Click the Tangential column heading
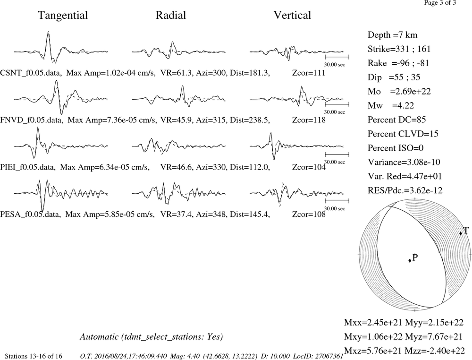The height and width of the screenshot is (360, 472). click(x=63, y=16)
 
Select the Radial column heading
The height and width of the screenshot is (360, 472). click(x=171, y=15)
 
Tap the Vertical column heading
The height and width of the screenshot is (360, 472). click(x=292, y=15)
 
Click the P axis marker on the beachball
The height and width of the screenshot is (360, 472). click(x=410, y=261)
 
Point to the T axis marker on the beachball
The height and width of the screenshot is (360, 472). click(x=461, y=233)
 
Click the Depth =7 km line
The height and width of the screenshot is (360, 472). click(x=393, y=35)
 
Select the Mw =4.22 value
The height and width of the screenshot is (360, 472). click(x=391, y=105)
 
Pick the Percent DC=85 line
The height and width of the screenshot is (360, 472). click(x=397, y=120)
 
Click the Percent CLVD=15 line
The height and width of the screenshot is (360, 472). click(x=403, y=134)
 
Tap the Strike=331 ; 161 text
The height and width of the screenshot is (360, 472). click(x=399, y=49)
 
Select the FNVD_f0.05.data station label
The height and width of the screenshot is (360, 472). click(x=32, y=120)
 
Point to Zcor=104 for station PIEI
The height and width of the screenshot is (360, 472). click(x=309, y=167)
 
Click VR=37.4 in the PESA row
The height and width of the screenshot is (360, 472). click(x=176, y=214)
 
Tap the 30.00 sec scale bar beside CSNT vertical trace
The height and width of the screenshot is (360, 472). click(x=337, y=56)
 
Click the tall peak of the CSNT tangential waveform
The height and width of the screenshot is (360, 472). click(x=49, y=32)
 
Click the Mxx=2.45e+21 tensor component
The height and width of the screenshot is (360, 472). click(x=373, y=322)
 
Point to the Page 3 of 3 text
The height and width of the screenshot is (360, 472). click(x=440, y=3)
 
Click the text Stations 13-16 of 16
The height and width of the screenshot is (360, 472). click(x=34, y=356)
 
